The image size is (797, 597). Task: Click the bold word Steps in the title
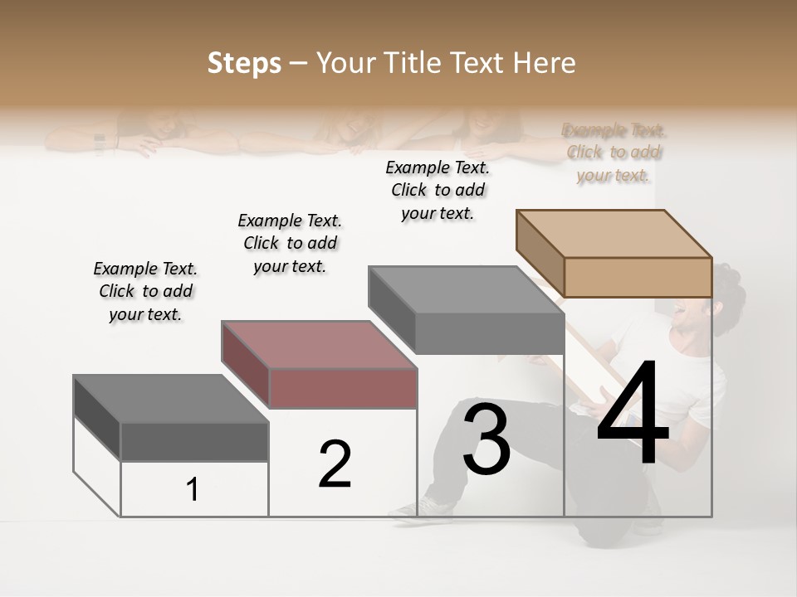243,63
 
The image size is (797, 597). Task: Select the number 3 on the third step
487,439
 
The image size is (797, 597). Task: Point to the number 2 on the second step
335,464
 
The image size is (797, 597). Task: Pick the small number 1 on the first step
193,490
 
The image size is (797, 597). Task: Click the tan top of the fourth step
614,233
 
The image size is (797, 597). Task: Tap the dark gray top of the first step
170,398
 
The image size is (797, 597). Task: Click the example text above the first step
145,291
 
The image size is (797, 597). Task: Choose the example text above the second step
290,243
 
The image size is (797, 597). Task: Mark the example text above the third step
438,190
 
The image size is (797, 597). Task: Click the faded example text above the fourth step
614,153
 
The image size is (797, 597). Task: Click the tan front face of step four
638,277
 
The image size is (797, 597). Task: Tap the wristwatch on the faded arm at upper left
100,144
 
